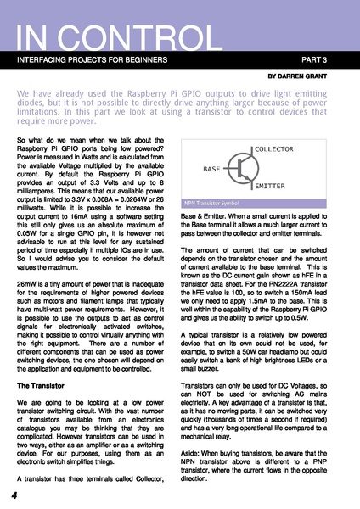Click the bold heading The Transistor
coord(44,386)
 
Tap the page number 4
coord(14,495)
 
